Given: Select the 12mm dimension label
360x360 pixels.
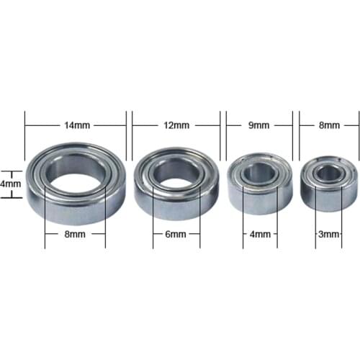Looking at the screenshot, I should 177,125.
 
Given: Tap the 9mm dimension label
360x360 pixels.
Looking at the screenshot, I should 259,125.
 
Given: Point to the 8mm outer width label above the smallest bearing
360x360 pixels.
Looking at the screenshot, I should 328,125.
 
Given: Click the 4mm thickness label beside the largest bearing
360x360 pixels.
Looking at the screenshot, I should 9,184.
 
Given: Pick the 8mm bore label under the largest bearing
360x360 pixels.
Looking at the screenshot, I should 75,235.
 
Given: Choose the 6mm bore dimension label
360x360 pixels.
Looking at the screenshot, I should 176,235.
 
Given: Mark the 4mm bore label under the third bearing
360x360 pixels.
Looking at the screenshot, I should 259,235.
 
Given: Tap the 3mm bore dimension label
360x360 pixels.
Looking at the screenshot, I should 328,235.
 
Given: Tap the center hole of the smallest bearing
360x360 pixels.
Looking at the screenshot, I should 328,172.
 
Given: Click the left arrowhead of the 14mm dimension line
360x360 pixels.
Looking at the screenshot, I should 27,125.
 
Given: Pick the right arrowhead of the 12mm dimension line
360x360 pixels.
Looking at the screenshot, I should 219,125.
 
